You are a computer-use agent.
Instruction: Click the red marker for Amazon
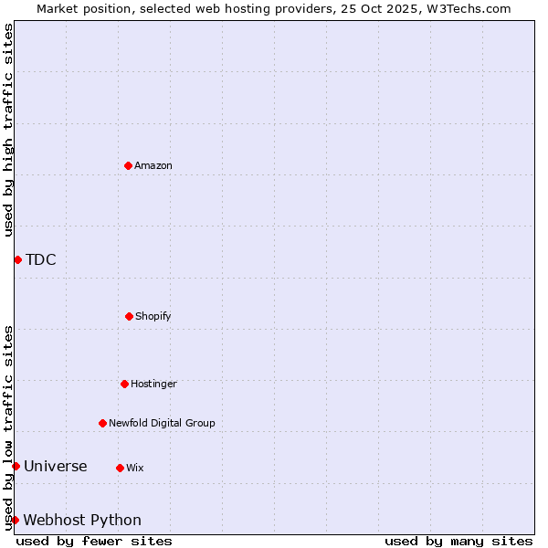128,165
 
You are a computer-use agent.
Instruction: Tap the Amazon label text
153,165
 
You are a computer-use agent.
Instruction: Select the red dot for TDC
17,259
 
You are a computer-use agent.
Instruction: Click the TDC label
41,259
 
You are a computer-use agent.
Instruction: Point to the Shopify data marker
129,316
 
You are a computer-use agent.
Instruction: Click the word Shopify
153,316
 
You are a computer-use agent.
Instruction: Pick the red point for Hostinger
124,384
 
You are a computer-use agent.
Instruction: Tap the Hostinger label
153,384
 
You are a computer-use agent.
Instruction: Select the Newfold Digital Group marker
102,423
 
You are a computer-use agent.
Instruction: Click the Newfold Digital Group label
162,423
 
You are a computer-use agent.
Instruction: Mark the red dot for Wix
120,468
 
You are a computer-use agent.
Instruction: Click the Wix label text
135,468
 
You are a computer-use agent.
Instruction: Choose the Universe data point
16,466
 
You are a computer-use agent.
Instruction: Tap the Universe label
56,466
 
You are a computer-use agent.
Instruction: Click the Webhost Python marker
15,520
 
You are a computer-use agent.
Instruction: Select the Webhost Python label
82,520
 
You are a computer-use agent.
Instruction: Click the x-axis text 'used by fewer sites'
94,541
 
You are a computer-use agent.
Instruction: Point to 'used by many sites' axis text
458,541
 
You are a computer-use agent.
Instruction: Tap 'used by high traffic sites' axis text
8,130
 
